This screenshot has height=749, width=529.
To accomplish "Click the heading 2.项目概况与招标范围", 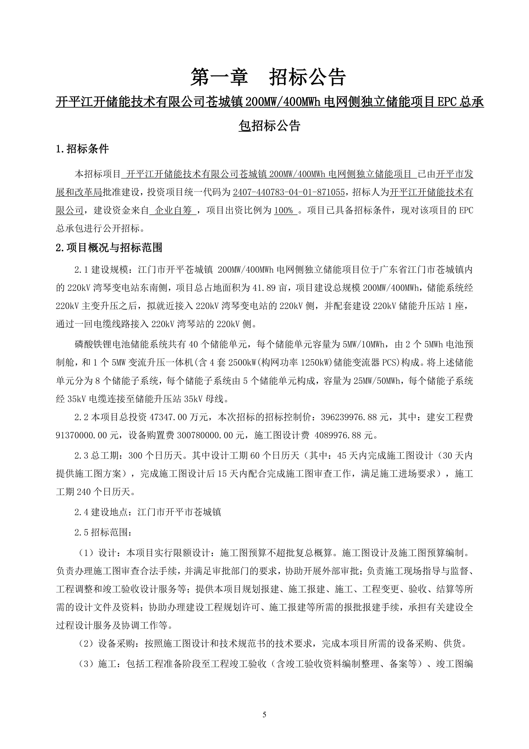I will pos(109,248).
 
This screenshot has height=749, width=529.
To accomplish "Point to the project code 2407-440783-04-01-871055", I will pos(289,193).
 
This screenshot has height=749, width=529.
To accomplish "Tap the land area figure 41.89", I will pos(265,288).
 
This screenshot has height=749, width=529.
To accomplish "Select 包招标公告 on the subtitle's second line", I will pos(269,126).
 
